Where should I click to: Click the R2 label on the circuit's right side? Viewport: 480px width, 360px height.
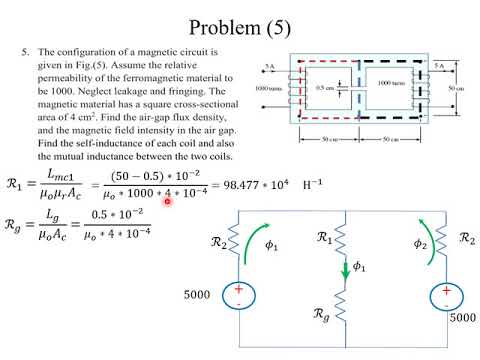click(466, 237)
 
